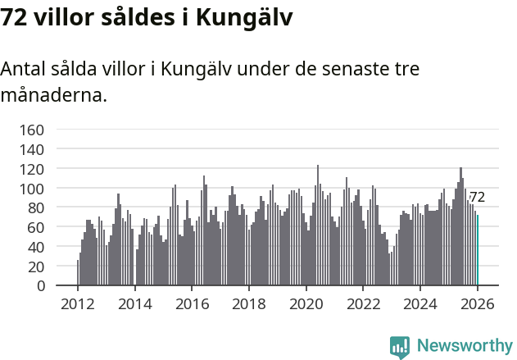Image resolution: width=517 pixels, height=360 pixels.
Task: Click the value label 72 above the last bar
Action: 477,198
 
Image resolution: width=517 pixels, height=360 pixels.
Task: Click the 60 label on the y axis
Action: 35,227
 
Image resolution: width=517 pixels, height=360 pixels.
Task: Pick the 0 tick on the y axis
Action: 39,286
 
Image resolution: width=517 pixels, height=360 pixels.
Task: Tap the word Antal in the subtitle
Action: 25,70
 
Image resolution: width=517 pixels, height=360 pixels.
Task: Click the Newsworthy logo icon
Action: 400,347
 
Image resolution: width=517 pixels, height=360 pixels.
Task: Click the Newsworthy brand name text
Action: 465,347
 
